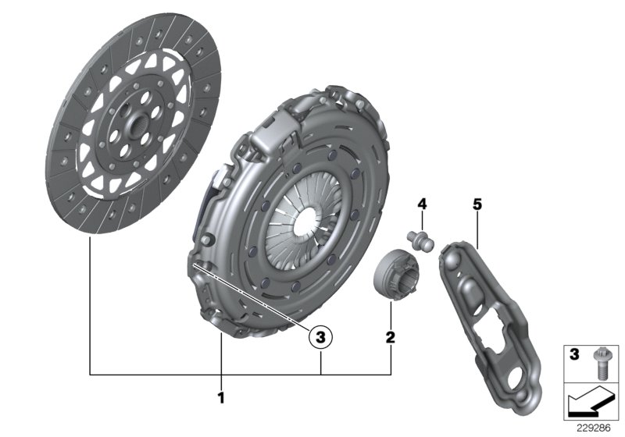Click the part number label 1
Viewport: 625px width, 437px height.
tap(221, 398)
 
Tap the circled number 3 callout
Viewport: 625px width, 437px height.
tap(321, 337)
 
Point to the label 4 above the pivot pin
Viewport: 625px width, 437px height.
tap(421, 204)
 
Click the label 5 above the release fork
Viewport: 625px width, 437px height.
tap(477, 204)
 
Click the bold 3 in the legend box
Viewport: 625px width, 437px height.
tap(573, 355)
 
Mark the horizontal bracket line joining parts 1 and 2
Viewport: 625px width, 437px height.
tap(234, 375)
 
